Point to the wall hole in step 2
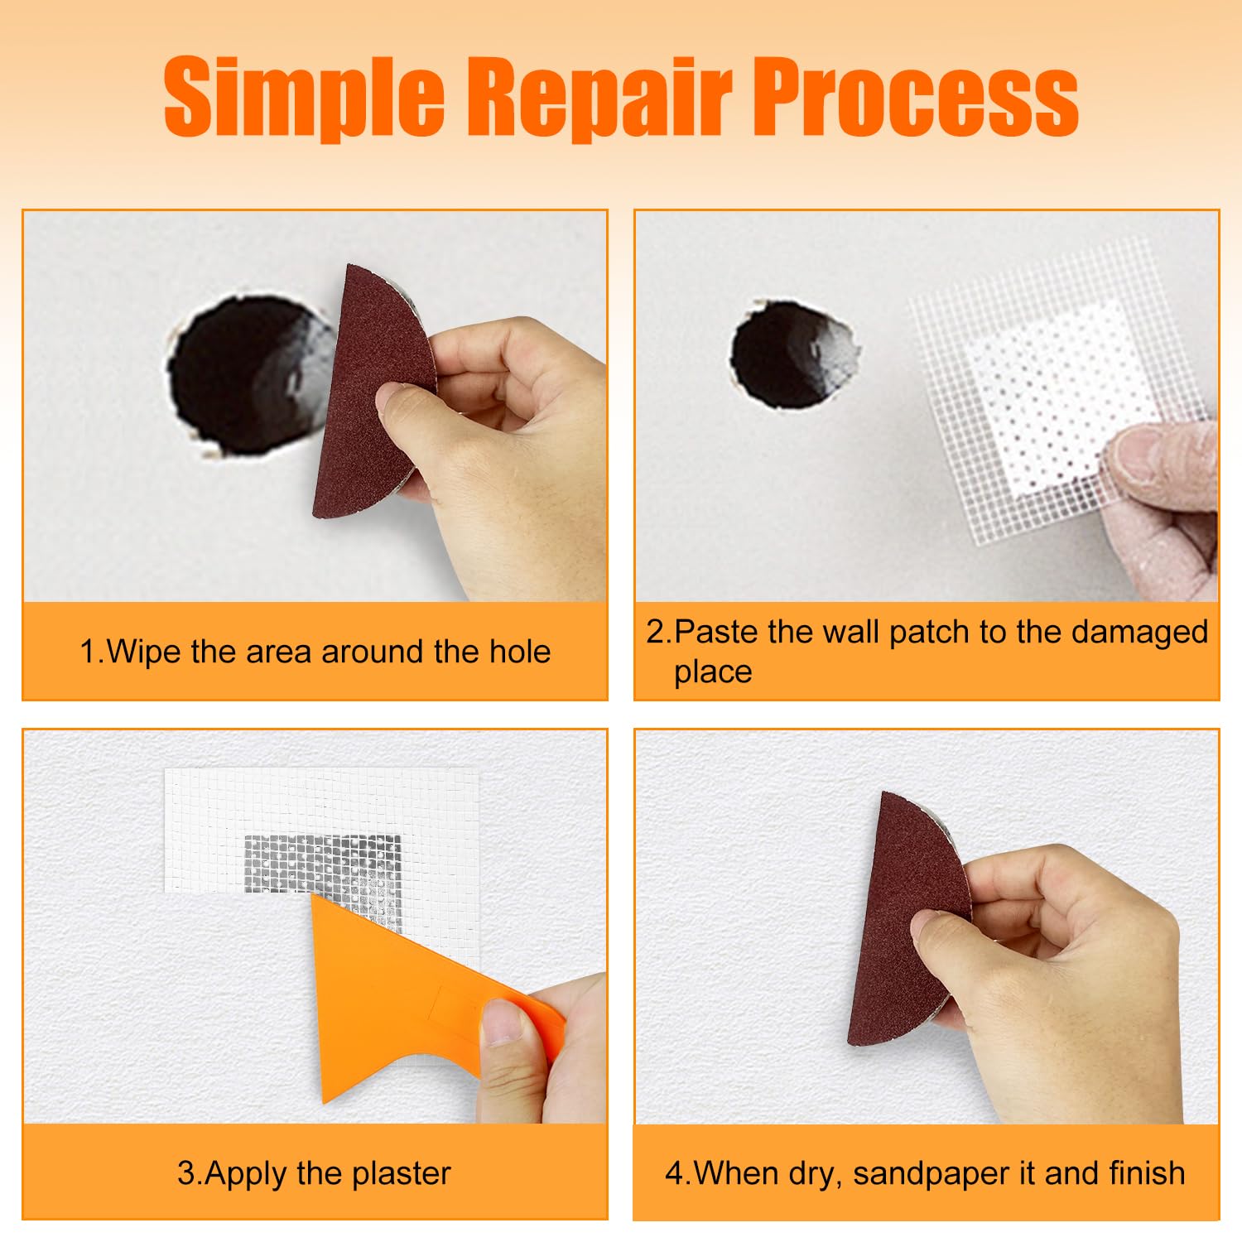[x=792, y=354]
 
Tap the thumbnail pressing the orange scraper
[x=504, y=1022]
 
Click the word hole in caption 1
[x=520, y=652]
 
